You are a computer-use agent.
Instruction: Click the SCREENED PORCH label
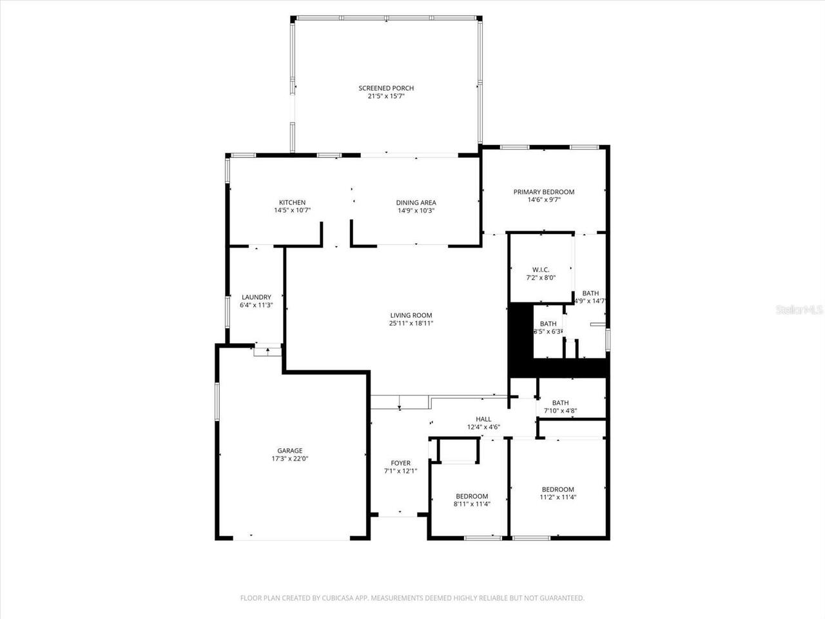[386, 88]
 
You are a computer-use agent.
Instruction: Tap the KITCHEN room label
[292, 202]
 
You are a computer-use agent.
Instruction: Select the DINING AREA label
[416, 202]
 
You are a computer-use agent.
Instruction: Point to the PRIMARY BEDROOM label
[543, 192]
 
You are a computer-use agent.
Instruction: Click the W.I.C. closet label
[541, 270]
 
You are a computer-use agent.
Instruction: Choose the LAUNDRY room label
[256, 297]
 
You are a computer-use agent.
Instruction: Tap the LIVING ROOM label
[411, 315]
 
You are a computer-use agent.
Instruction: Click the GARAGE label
[289, 451]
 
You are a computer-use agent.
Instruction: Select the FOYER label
[400, 463]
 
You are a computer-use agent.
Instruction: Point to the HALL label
[483, 419]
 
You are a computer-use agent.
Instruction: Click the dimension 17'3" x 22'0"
[290, 459]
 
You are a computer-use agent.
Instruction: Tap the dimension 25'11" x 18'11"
[411, 324]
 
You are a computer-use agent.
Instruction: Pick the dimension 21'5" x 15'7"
[386, 96]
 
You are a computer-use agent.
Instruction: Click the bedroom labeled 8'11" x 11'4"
[472, 500]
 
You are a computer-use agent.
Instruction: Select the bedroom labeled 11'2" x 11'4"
[558, 493]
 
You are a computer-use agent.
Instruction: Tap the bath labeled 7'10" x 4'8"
[560, 407]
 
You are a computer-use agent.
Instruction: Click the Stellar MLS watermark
[799, 310]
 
